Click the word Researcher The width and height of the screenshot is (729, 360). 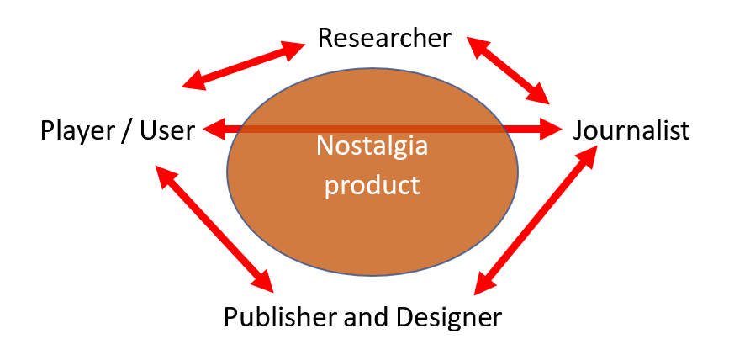pyautogui.click(x=385, y=38)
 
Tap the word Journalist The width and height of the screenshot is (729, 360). pyautogui.click(x=631, y=131)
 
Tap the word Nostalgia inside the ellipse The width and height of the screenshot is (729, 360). pyautogui.click(x=372, y=146)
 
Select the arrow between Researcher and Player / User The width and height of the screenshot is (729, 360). pyautogui.click(x=243, y=66)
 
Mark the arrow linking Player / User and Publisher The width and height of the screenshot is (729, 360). pyautogui.click(x=215, y=227)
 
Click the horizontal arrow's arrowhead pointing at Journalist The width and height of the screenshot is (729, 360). pyautogui.click(x=551, y=130)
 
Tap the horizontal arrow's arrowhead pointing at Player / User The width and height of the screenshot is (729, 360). pyautogui.click(x=211, y=130)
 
